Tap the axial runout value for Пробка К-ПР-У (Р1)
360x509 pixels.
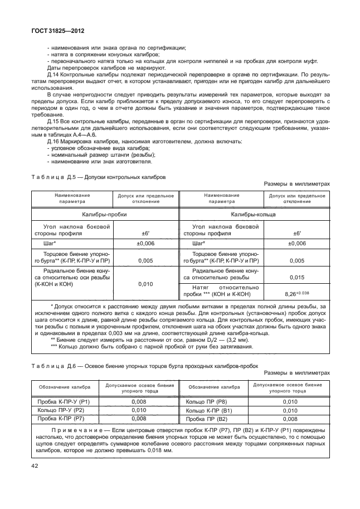139,401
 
